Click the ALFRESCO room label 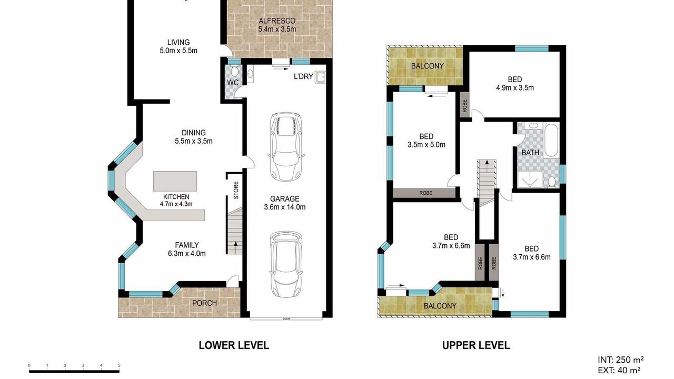(277, 21)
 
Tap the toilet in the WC (235, 71)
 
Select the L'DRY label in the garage (303, 76)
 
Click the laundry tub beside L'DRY (320, 77)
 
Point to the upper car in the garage (285, 147)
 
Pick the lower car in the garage (285, 264)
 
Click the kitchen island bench (175, 181)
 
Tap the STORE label (236, 190)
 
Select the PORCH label (205, 303)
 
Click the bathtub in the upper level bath (551, 140)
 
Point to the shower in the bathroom (530, 179)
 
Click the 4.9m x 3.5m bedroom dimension (515, 88)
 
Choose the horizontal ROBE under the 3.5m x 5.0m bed (425, 193)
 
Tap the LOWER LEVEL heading (234, 345)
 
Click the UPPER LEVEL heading (475, 345)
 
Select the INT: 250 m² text (620, 360)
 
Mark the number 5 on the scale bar (119, 365)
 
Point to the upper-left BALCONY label (427, 66)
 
